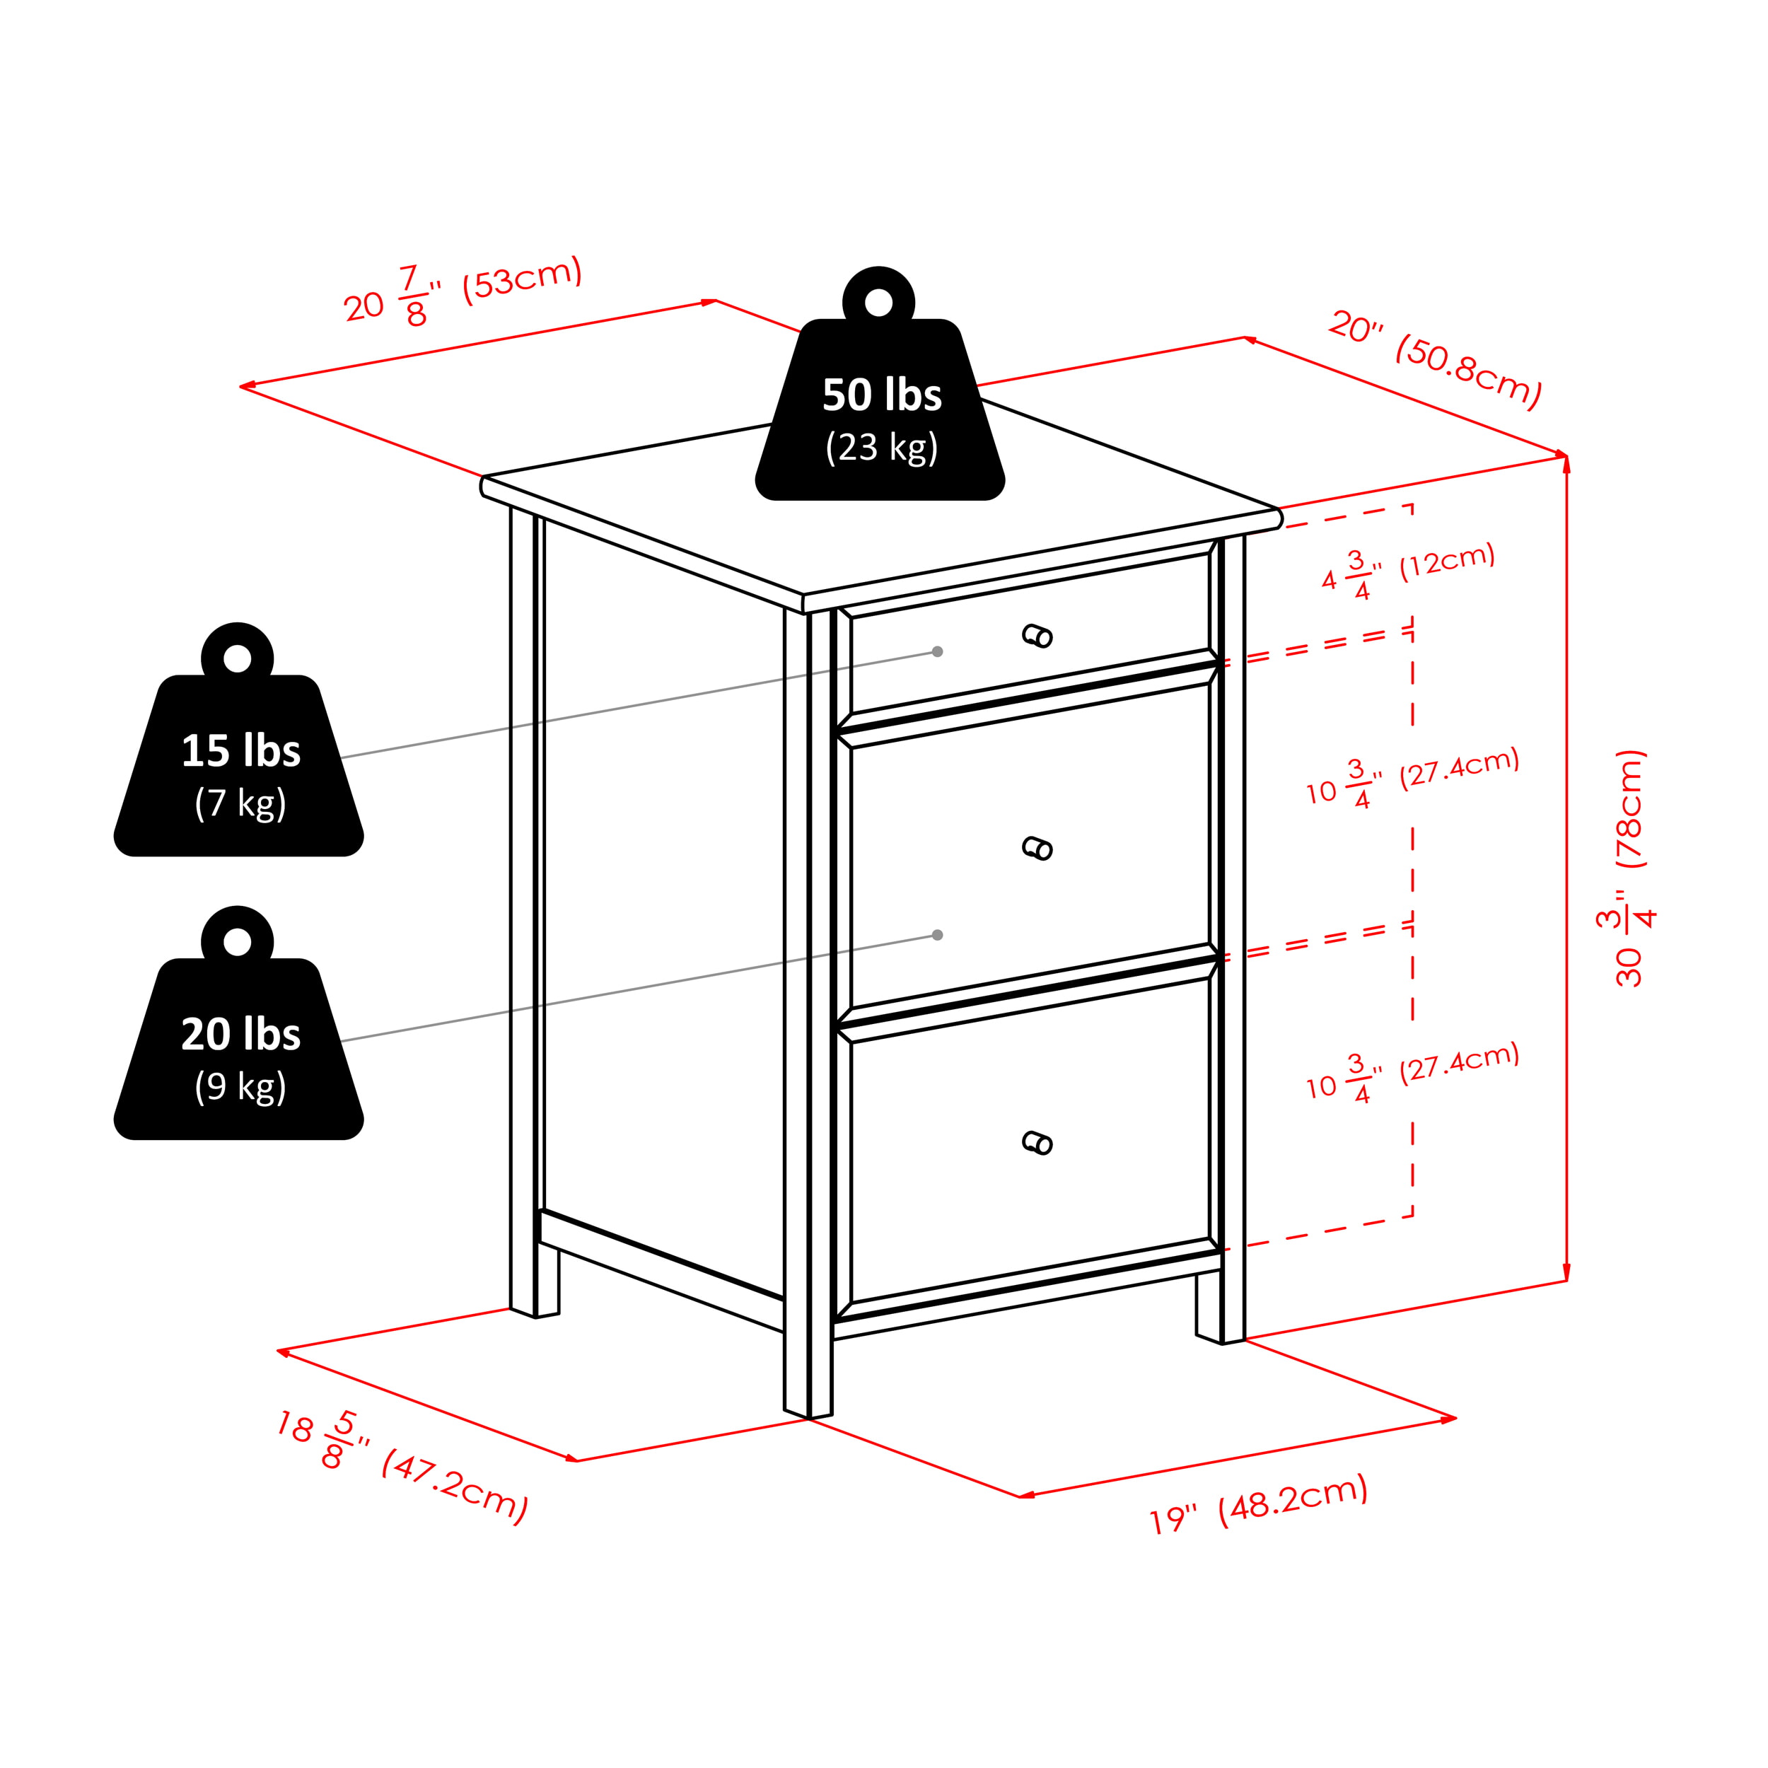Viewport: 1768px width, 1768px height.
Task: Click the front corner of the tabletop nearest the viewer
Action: click(x=803, y=595)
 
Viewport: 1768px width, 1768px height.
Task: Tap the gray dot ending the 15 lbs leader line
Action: click(x=937, y=651)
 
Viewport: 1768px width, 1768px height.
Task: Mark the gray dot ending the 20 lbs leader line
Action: click(x=937, y=935)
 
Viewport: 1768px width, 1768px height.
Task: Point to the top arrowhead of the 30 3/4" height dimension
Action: click(x=1566, y=463)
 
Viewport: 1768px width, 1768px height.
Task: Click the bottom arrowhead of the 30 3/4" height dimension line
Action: click(x=1566, y=1272)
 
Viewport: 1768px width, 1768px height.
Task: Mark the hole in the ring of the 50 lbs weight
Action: click(x=878, y=302)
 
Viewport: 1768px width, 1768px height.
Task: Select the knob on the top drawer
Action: click(x=1037, y=635)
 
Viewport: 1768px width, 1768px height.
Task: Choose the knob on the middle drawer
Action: click(x=1037, y=849)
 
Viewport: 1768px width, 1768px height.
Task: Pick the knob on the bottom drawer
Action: click(x=1037, y=1143)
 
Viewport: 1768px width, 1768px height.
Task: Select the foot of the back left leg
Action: click(x=535, y=1313)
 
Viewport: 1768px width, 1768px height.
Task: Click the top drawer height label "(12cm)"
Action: click(x=1447, y=560)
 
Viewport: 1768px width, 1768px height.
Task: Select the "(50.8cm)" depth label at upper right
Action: click(x=1468, y=370)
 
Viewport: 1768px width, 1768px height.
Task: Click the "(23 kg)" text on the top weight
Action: click(x=881, y=448)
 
